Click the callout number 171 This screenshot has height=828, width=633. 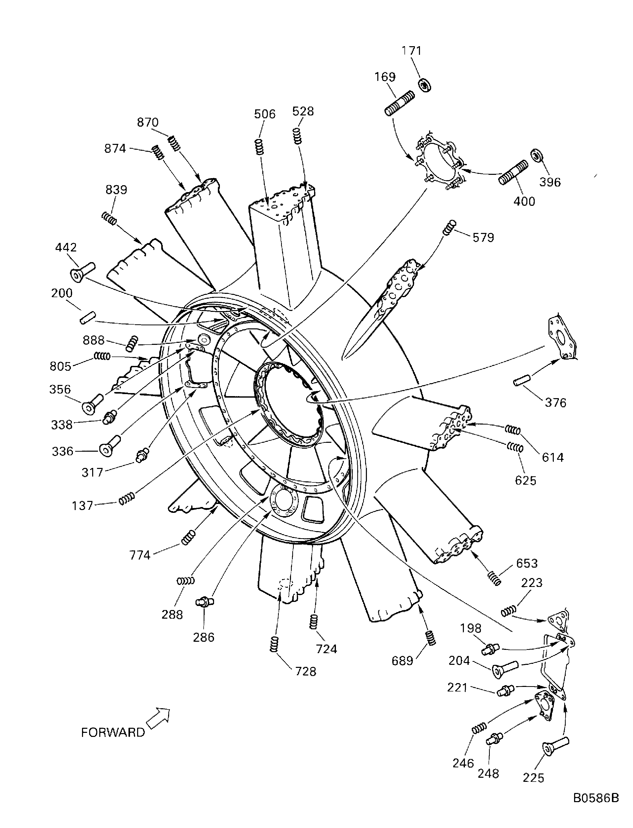click(411, 50)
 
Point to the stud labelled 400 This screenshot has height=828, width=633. click(513, 173)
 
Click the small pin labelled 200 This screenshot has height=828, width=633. click(88, 318)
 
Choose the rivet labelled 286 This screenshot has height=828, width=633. click(205, 602)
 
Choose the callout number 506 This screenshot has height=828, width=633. click(265, 114)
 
